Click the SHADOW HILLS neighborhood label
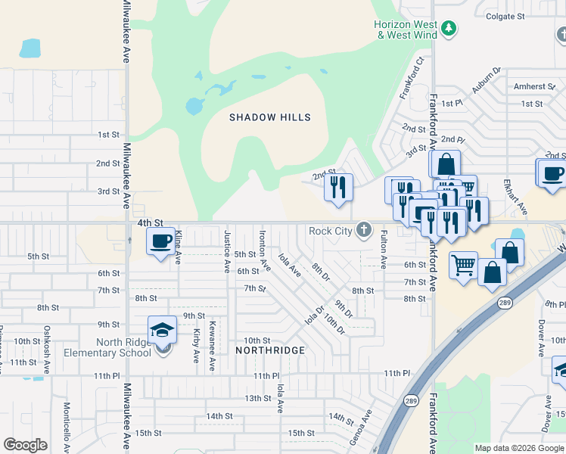pyautogui.click(x=270, y=117)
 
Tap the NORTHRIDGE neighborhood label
pyautogui.click(x=270, y=350)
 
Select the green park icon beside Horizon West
pyautogui.click(x=449, y=29)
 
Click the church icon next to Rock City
pyautogui.click(x=364, y=230)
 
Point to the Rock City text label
pyautogui.click(x=331, y=231)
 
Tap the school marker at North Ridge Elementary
pyautogui.click(x=162, y=330)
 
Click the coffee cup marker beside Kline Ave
pyautogui.click(x=160, y=241)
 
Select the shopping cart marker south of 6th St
pyautogui.click(x=463, y=266)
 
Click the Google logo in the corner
pyautogui.click(x=26, y=445)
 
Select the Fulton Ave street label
pyautogui.click(x=384, y=250)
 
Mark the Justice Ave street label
pyautogui.click(x=226, y=251)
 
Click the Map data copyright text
pyautogui.click(x=519, y=448)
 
